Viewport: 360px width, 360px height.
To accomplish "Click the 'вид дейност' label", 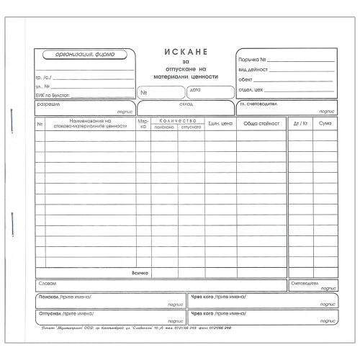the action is click(x=254, y=70).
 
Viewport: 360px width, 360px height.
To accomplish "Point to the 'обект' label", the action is click(x=248, y=80).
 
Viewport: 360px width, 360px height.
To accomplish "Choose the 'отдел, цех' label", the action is click(x=253, y=91).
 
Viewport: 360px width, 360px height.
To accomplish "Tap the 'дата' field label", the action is click(x=195, y=89).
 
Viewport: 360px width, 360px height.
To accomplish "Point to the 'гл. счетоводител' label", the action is click(x=263, y=104).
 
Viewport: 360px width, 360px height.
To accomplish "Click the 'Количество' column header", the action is click(x=177, y=120).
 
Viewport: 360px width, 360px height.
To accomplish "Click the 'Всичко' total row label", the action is click(x=140, y=274).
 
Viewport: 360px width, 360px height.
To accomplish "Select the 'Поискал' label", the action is click(x=49, y=297).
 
